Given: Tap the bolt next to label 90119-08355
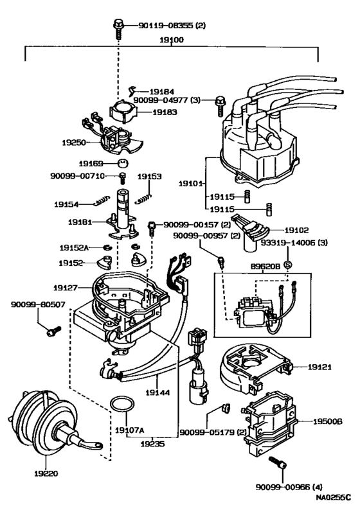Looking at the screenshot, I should [120, 26].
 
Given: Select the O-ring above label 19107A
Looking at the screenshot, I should [121, 404].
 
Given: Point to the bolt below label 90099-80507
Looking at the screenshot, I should [51, 331].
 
